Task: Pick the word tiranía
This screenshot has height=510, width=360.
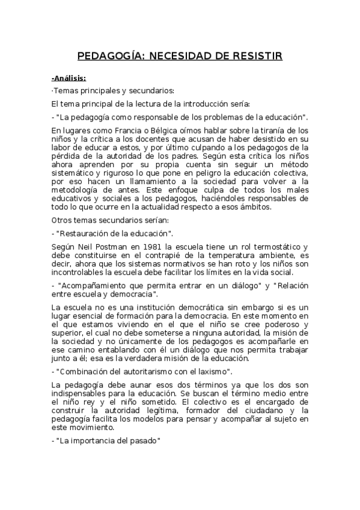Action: pos(261,130)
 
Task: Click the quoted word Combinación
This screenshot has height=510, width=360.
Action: pos(85,371)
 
